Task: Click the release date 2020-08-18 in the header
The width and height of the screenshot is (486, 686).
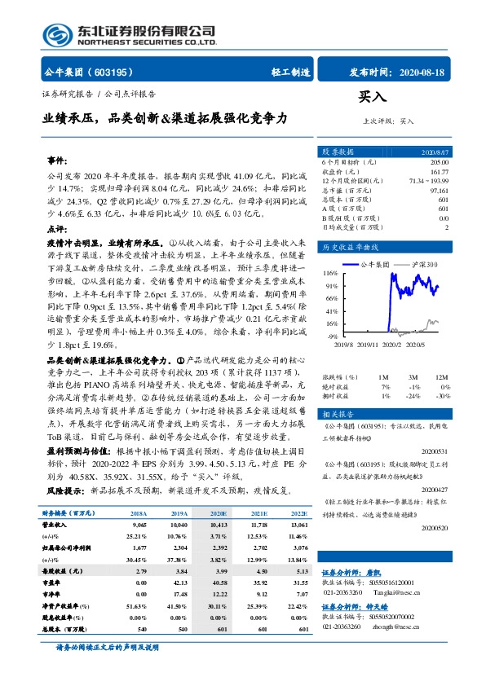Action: [424, 72]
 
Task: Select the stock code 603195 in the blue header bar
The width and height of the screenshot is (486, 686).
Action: [114, 72]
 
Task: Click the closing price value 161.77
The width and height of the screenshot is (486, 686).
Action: [438, 172]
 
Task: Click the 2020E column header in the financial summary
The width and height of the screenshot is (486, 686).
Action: [218, 514]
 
